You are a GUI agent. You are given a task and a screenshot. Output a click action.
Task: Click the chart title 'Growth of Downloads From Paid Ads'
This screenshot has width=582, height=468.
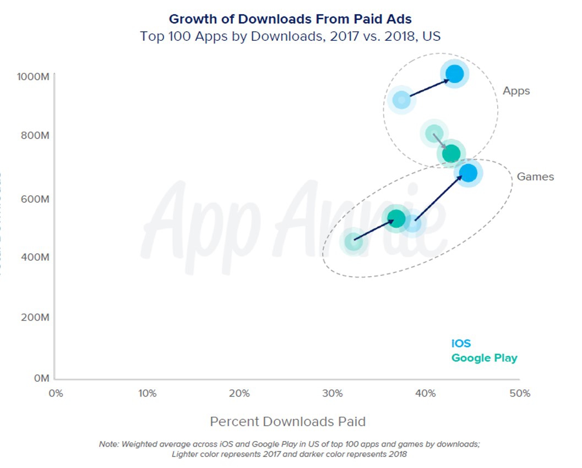[x=290, y=19]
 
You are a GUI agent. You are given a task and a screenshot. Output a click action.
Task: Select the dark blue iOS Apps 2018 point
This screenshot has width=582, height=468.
[x=454, y=73]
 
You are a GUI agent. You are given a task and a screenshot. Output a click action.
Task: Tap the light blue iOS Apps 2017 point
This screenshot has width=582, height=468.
[x=401, y=100]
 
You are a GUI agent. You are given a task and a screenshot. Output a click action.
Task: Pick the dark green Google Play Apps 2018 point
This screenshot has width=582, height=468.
[x=451, y=153]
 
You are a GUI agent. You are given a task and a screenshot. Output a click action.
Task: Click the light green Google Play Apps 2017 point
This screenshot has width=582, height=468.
[x=434, y=134]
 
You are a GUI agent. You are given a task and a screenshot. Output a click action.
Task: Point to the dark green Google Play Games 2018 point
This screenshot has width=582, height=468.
[x=396, y=219]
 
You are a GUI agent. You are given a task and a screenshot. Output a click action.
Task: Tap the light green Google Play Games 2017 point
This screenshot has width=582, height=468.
[x=353, y=241]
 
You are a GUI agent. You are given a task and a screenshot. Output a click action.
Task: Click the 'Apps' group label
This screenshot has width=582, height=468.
[x=516, y=91]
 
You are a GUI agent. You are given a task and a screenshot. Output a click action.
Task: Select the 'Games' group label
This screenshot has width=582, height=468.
[x=535, y=177]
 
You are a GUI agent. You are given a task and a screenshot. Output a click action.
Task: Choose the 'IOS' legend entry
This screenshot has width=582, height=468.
[x=461, y=344]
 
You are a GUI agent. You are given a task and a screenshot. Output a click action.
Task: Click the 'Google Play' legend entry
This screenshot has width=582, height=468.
[x=484, y=358]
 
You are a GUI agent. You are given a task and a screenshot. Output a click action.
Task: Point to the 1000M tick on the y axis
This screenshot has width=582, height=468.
[x=34, y=76]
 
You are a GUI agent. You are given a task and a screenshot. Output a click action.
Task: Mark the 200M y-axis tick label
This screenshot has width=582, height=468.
[x=35, y=317]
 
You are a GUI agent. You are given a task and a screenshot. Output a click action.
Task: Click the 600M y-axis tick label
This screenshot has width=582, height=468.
[x=35, y=199]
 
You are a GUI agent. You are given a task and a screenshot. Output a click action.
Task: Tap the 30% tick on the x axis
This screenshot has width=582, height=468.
[x=332, y=393]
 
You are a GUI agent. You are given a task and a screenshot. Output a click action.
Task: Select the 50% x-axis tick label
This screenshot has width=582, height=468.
[x=520, y=393]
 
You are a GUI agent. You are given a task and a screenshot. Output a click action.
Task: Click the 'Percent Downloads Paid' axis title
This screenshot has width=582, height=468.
[x=287, y=422]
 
